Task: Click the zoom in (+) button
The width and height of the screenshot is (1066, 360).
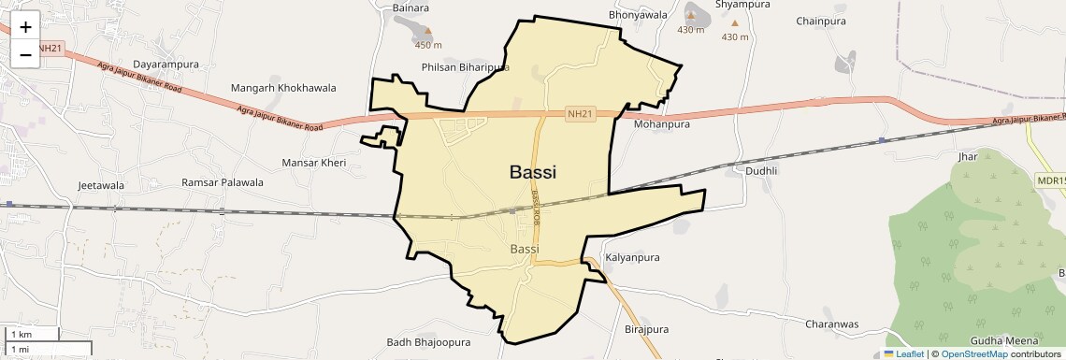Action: click(25, 27)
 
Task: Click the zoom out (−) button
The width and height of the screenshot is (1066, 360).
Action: click(25, 54)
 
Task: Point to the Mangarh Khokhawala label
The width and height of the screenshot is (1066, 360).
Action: click(283, 88)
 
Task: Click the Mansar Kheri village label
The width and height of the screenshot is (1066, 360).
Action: click(314, 163)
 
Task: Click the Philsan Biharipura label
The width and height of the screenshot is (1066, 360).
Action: click(466, 67)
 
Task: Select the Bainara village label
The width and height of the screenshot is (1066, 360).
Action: click(411, 8)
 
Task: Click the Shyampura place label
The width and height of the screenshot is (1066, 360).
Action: click(742, 5)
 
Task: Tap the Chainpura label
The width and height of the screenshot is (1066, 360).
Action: click(821, 21)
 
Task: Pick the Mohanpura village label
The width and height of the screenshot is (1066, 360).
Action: click(661, 123)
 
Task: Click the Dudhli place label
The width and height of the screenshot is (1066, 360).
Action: click(761, 171)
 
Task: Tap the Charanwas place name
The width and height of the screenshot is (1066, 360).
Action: click(831, 324)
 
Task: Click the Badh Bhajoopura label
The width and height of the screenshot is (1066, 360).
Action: click(428, 343)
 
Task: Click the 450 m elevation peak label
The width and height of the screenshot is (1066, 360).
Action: click(428, 45)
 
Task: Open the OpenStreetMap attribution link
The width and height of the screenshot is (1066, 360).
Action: click(973, 354)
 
